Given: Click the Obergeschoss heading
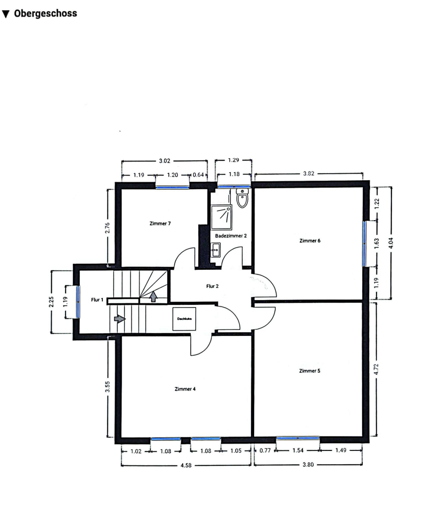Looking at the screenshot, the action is coord(45,13).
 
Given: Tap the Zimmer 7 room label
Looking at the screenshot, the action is coord(160,223).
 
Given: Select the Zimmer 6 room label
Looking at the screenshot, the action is coord(310,241).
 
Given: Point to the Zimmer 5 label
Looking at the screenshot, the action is coord(309,371).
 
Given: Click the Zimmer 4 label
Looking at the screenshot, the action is coord(185,389).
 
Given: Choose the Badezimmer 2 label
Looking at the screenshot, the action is coord(231,236).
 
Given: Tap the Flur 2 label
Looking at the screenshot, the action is coord(212,286).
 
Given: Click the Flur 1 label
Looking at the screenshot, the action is coord(97,300).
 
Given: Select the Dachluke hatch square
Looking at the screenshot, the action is coord(184,319).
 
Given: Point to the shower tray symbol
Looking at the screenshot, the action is coord(222,217).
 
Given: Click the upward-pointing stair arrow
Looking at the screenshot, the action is coord(153,296).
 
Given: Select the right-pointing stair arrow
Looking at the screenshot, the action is coord(120,319).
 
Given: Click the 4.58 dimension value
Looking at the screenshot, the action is coord(186,465).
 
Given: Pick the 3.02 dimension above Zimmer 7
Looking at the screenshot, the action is coord(165,161).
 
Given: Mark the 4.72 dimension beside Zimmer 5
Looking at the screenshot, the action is coord(376,369).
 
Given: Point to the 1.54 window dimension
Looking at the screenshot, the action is coord(298,450).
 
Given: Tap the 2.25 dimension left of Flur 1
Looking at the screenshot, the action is coord(51,302).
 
